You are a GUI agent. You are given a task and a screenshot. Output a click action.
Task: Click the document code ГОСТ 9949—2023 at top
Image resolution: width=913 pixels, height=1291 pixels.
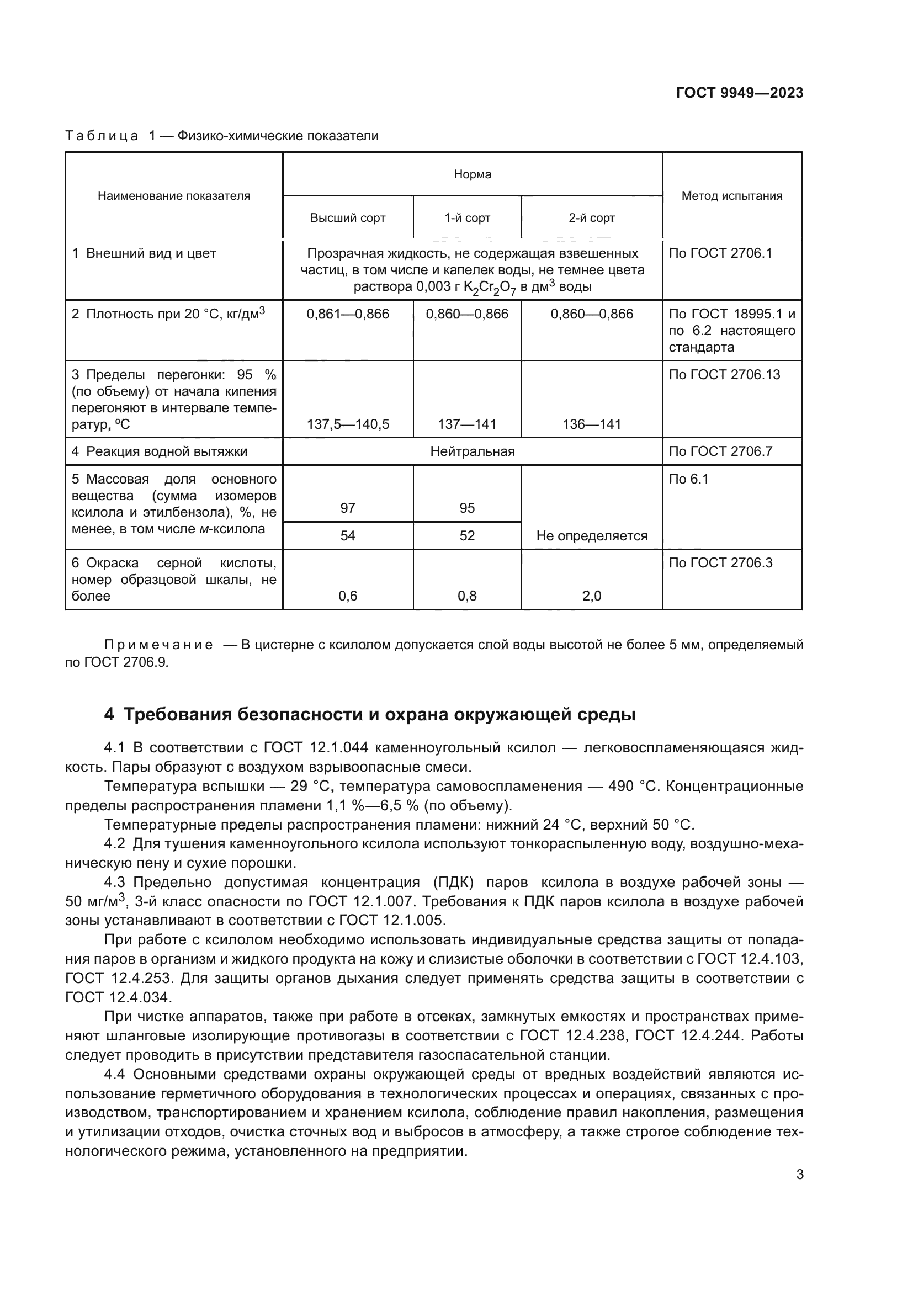(739, 93)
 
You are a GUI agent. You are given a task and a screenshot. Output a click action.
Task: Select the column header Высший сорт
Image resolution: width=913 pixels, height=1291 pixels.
(347, 218)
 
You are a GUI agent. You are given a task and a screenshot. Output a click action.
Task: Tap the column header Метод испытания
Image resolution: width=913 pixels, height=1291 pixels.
(731, 196)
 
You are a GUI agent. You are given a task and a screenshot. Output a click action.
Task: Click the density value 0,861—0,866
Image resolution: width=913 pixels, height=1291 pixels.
(347, 314)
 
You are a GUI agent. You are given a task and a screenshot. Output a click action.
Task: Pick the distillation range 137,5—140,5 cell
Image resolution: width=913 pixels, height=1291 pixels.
(347, 424)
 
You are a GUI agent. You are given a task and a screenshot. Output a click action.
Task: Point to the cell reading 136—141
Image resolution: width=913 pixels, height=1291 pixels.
(591, 424)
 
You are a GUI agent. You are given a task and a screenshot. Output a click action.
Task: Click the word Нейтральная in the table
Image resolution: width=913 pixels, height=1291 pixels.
(473, 451)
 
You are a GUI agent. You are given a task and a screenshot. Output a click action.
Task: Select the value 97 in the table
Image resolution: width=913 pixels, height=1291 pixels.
(347, 508)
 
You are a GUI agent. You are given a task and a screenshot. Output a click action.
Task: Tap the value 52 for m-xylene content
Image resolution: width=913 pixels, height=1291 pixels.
(467, 536)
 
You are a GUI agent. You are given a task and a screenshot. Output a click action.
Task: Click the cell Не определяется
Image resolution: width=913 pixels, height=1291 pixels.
(591, 536)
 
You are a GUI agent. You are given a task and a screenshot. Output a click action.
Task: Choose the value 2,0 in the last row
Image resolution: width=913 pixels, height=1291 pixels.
(591, 596)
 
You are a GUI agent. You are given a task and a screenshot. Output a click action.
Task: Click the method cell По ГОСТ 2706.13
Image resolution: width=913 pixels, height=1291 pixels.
(724, 375)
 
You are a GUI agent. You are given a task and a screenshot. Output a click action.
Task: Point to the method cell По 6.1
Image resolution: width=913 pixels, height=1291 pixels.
(689, 479)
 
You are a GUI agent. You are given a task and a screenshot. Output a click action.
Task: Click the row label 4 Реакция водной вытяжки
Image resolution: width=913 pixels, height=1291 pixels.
(160, 451)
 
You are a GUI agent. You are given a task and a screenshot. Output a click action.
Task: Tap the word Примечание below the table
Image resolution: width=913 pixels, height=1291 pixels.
(158, 645)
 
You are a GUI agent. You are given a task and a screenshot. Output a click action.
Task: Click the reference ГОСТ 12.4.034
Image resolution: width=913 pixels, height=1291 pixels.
(117, 997)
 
